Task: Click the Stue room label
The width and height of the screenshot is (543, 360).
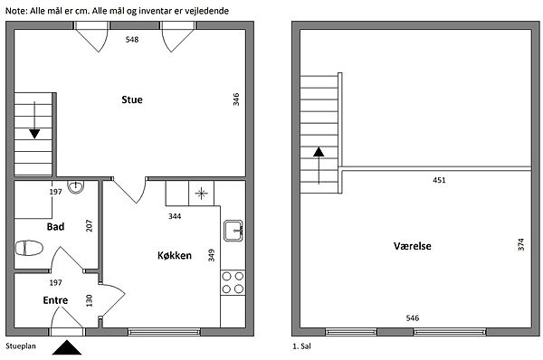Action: (x=132, y=99)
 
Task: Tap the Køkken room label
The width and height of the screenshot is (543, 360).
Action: (x=175, y=255)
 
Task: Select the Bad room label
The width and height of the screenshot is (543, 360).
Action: (x=55, y=227)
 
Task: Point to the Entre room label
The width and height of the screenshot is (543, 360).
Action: (x=55, y=300)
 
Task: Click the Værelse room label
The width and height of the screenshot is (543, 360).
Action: (x=413, y=246)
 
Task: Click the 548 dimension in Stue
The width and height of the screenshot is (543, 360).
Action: (x=132, y=40)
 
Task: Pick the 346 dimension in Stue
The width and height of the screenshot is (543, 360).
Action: (x=236, y=99)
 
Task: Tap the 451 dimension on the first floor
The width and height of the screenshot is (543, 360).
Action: (x=439, y=180)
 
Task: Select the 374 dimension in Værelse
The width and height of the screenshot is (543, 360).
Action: (x=521, y=244)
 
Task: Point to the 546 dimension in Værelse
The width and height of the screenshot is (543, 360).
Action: (x=413, y=317)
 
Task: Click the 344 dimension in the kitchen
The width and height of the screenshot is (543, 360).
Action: (x=175, y=216)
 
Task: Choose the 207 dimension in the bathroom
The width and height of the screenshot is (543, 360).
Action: (x=89, y=226)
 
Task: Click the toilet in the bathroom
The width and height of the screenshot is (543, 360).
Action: (x=29, y=248)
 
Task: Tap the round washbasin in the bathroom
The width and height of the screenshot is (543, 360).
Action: (x=75, y=187)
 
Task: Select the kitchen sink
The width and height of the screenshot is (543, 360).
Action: (x=233, y=231)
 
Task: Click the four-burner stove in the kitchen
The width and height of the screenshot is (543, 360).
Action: (x=233, y=283)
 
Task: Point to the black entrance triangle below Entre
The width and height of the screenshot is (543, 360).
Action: (x=67, y=347)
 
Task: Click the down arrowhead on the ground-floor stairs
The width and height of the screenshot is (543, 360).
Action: (x=34, y=134)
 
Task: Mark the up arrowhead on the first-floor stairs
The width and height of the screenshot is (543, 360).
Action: (x=319, y=152)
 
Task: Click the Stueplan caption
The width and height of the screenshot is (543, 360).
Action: (x=21, y=346)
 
